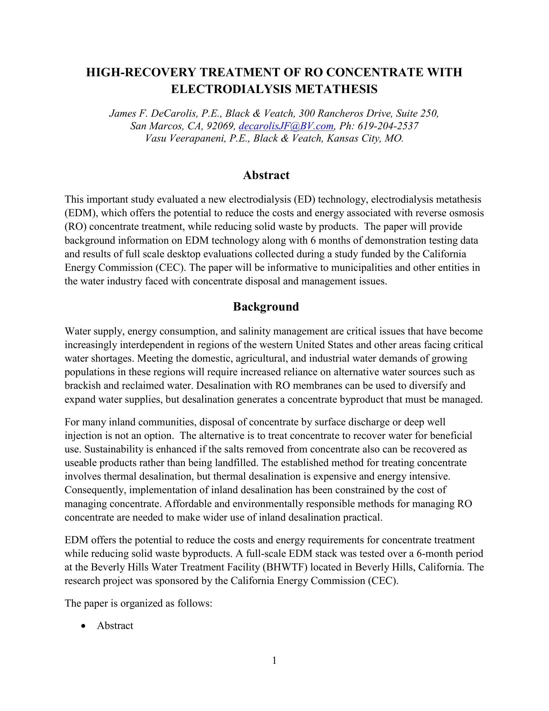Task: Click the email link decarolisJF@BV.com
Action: point(286,126)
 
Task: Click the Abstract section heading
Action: point(266,175)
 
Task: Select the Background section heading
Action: point(266,307)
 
